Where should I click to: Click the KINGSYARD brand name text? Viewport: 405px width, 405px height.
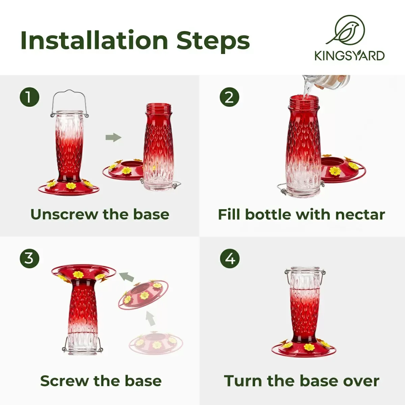(x=350, y=56)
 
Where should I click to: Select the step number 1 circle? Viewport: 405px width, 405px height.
(x=29, y=97)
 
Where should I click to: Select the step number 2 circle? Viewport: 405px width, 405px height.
(x=230, y=97)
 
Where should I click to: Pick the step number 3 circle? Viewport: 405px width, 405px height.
(x=29, y=259)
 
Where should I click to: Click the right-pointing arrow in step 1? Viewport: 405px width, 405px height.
(x=113, y=137)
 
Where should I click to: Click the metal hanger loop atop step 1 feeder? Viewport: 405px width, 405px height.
(x=70, y=103)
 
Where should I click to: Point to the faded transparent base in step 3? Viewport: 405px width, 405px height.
(x=156, y=343)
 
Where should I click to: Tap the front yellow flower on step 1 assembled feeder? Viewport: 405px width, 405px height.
(x=71, y=186)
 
